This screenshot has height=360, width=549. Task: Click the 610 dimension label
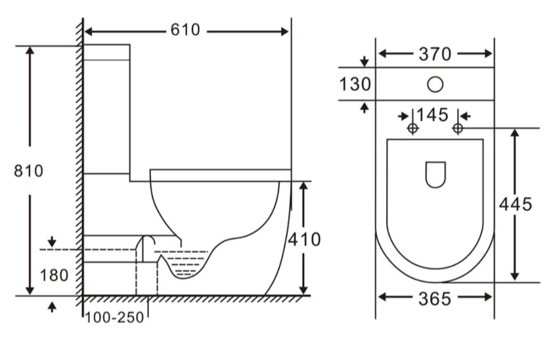tap(185, 30)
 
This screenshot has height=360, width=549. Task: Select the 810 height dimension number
tap(29, 171)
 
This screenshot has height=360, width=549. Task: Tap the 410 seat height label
tap(304, 240)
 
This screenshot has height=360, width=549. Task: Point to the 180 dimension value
tap(55, 276)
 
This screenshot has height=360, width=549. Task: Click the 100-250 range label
tap(114, 317)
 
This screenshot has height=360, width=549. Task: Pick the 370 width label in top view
tap(435, 55)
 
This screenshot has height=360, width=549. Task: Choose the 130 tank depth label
tap(355, 85)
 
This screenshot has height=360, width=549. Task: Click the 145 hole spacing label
tap(432, 115)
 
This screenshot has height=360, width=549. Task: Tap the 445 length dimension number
tap(516, 204)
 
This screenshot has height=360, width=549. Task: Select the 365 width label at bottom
tap(435, 300)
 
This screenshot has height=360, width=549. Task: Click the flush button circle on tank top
tap(435, 84)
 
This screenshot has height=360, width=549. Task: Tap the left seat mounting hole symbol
tap(413, 128)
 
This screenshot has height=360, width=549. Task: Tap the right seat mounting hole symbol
tap(458, 128)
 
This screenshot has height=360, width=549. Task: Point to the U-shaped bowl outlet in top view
tap(435, 174)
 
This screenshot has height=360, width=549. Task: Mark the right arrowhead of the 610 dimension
tap(284, 32)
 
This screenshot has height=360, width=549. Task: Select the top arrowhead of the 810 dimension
tap(30, 51)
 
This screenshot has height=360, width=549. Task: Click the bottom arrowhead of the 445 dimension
tap(514, 277)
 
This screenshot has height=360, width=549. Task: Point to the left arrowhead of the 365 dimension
tap(383, 298)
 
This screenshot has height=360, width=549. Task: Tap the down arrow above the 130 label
tap(364, 62)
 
